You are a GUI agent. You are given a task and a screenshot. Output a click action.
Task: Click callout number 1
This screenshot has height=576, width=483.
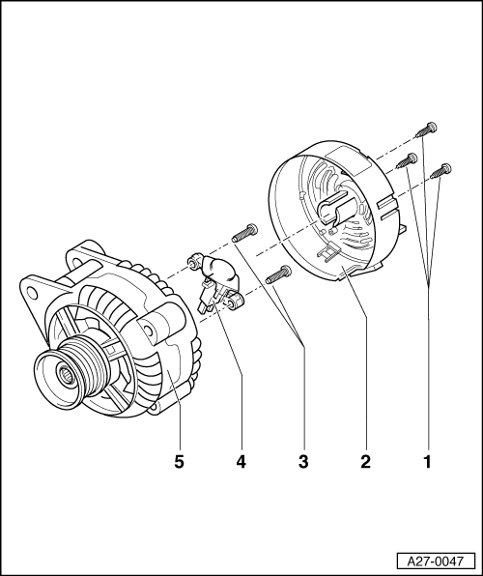coord(428,461)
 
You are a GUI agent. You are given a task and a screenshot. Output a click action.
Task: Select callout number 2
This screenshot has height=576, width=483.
coord(365,461)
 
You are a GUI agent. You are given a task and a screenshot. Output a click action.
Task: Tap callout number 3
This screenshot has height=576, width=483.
coord(303,461)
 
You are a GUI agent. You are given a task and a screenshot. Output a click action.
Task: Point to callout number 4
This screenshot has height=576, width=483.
coord(241,461)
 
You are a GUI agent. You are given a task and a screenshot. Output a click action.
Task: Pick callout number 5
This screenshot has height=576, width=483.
coord(179,461)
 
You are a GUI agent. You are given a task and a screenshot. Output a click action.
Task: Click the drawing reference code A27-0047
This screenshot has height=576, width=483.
coord(436,562)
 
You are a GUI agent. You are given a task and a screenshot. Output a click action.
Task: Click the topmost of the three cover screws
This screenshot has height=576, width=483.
coord(426,130)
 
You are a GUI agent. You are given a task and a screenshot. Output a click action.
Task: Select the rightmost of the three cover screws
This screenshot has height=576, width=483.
coord(440,172)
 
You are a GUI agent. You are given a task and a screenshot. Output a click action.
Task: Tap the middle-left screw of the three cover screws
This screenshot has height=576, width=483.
coord(407,160)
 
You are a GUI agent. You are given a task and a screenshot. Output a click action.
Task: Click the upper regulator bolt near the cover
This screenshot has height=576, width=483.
coord(244,233)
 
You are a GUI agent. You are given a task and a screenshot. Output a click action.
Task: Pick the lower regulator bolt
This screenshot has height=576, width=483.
coord(278,274)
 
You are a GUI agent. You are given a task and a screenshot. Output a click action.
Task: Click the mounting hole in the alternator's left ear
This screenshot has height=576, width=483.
coord(32,292)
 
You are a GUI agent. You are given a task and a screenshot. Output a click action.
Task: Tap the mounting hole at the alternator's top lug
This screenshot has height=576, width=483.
coord(75,262)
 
